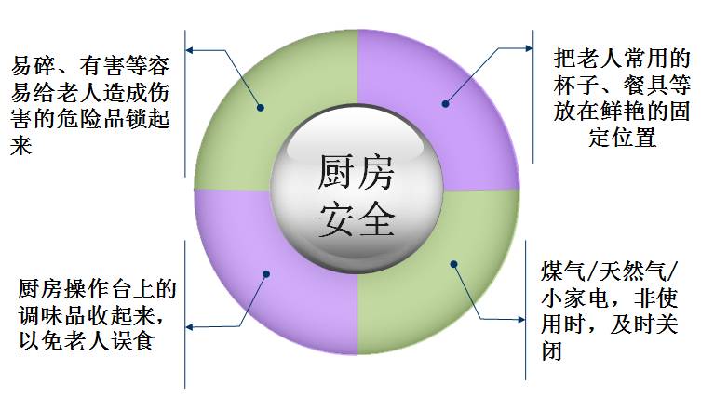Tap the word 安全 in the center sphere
[x=357, y=219]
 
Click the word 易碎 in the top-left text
[x=32, y=67]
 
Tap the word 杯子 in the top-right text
[x=573, y=86]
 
